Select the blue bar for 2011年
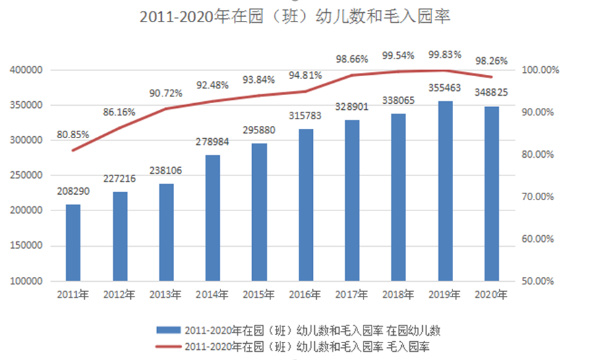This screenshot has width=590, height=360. (73, 243)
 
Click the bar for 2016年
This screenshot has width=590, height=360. (305, 205)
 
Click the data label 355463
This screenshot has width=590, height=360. (445, 89)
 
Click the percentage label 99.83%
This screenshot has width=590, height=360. (445, 55)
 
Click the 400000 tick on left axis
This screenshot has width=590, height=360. (27, 70)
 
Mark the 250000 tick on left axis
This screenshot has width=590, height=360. (27, 175)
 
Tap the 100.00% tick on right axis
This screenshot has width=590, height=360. (537, 70)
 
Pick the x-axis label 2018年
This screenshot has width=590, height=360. (399, 295)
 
